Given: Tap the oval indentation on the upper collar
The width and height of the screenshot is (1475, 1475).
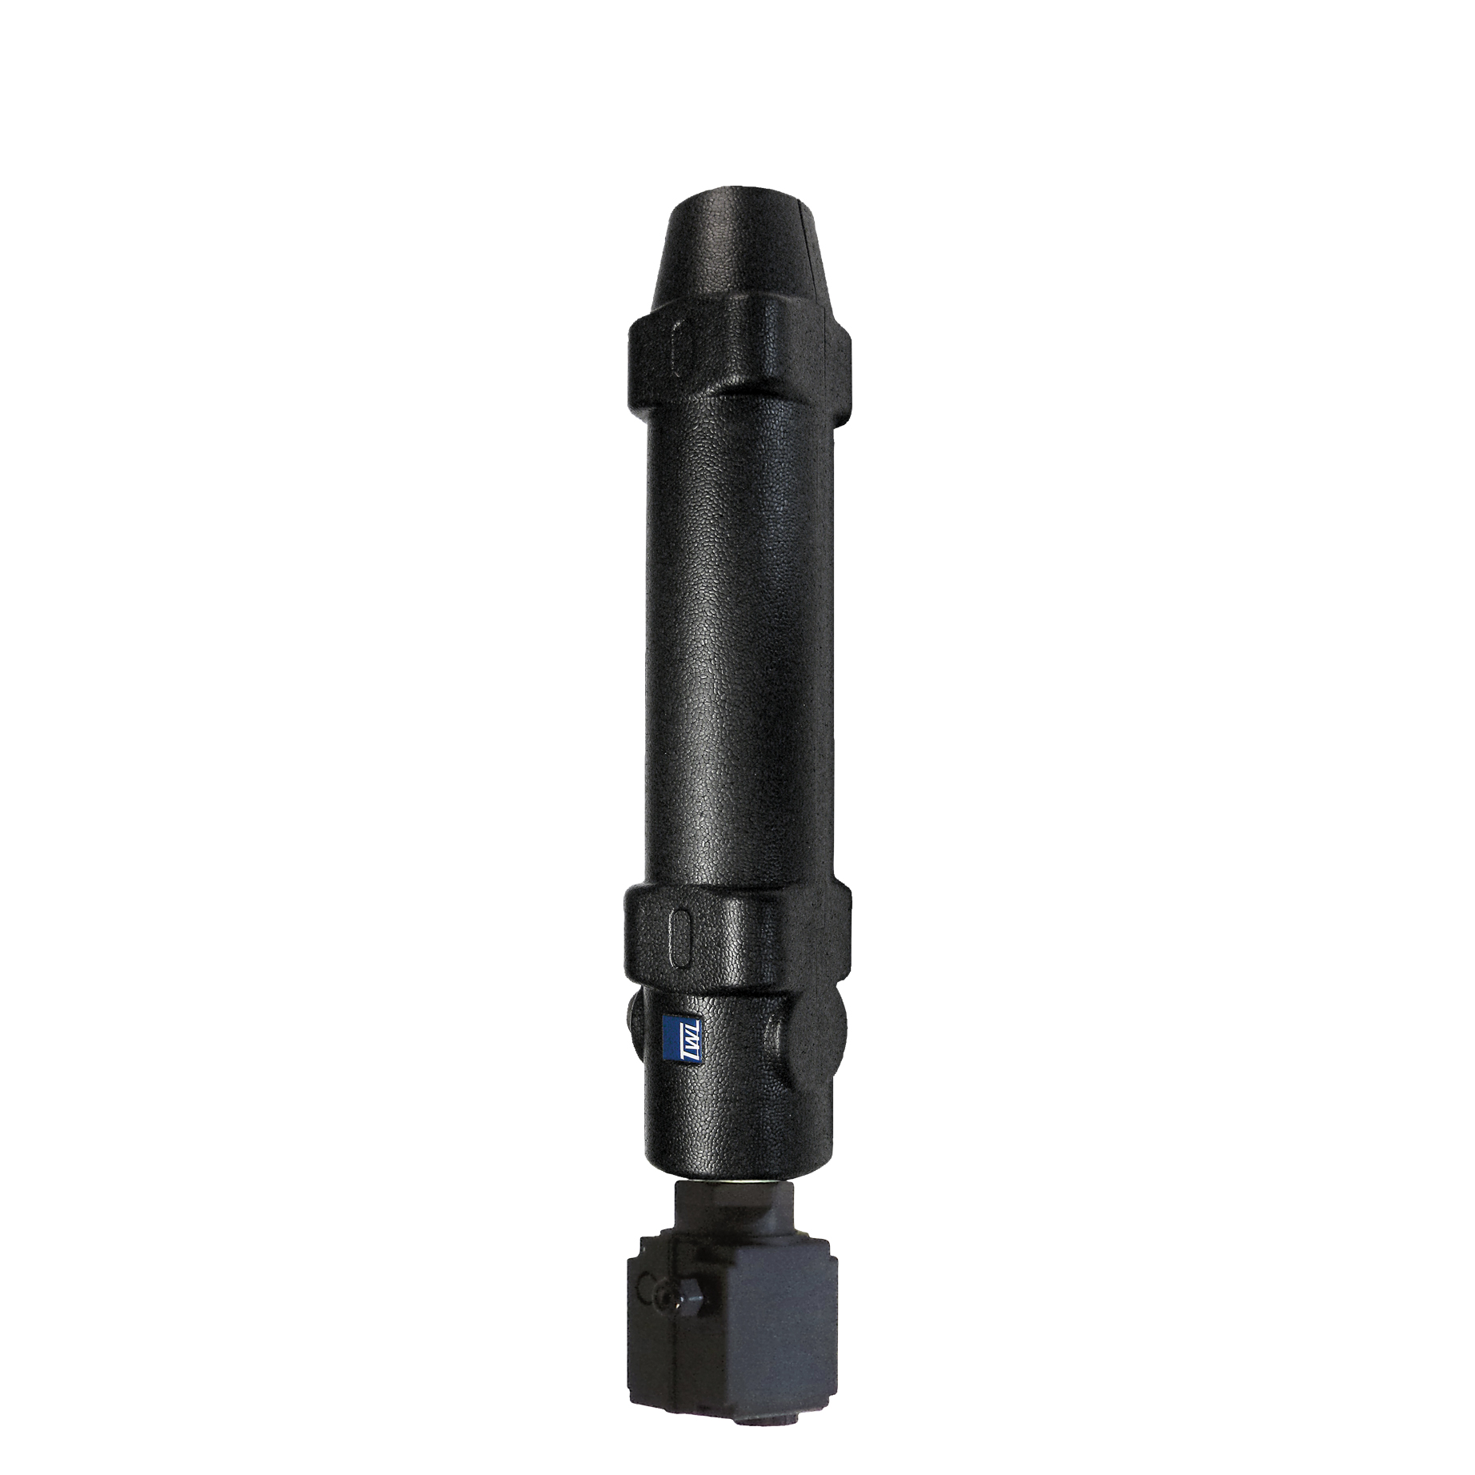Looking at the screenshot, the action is tap(683, 347).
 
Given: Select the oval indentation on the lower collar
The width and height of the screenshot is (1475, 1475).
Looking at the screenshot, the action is tap(682, 934).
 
